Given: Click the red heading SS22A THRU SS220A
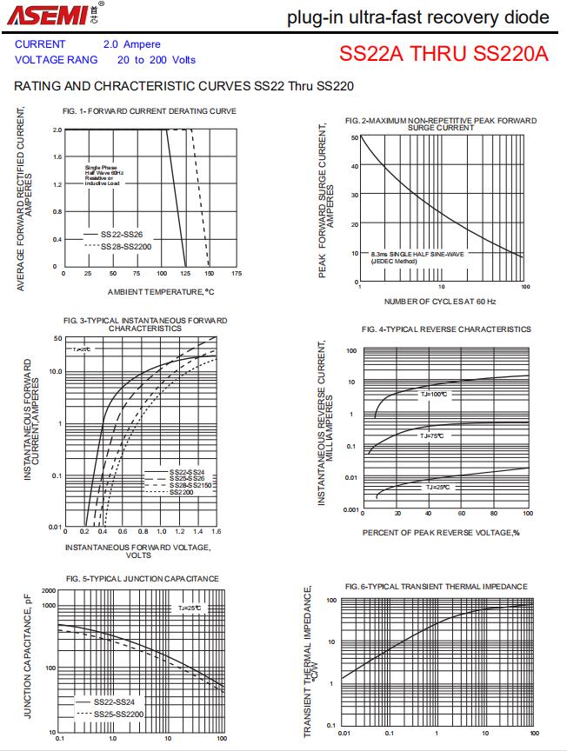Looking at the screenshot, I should tap(444, 55).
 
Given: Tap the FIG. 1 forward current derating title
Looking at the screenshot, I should tap(150, 111).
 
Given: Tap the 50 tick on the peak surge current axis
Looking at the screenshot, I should tap(354, 138).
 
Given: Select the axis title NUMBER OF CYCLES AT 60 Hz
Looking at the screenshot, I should tap(440, 302).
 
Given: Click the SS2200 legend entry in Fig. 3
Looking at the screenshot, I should tap(181, 493).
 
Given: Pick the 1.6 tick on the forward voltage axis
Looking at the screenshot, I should tap(216, 531).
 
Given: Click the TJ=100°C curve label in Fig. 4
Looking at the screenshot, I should tap(433, 394).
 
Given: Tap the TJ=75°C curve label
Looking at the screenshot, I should tap(431, 435).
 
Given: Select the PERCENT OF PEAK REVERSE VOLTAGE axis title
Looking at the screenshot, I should tap(440, 532).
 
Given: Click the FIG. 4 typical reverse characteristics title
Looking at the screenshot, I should tap(446, 329).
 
